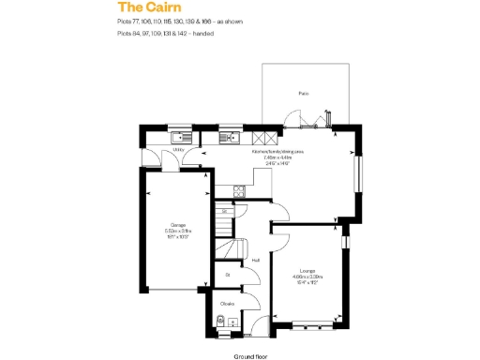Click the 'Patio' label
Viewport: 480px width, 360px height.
303,94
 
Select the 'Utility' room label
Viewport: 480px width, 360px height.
178,149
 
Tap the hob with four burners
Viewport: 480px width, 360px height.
239,191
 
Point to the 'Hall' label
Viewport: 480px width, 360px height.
255,261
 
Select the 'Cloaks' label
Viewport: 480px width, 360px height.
227,303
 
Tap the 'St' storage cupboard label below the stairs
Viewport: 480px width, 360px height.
227,275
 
